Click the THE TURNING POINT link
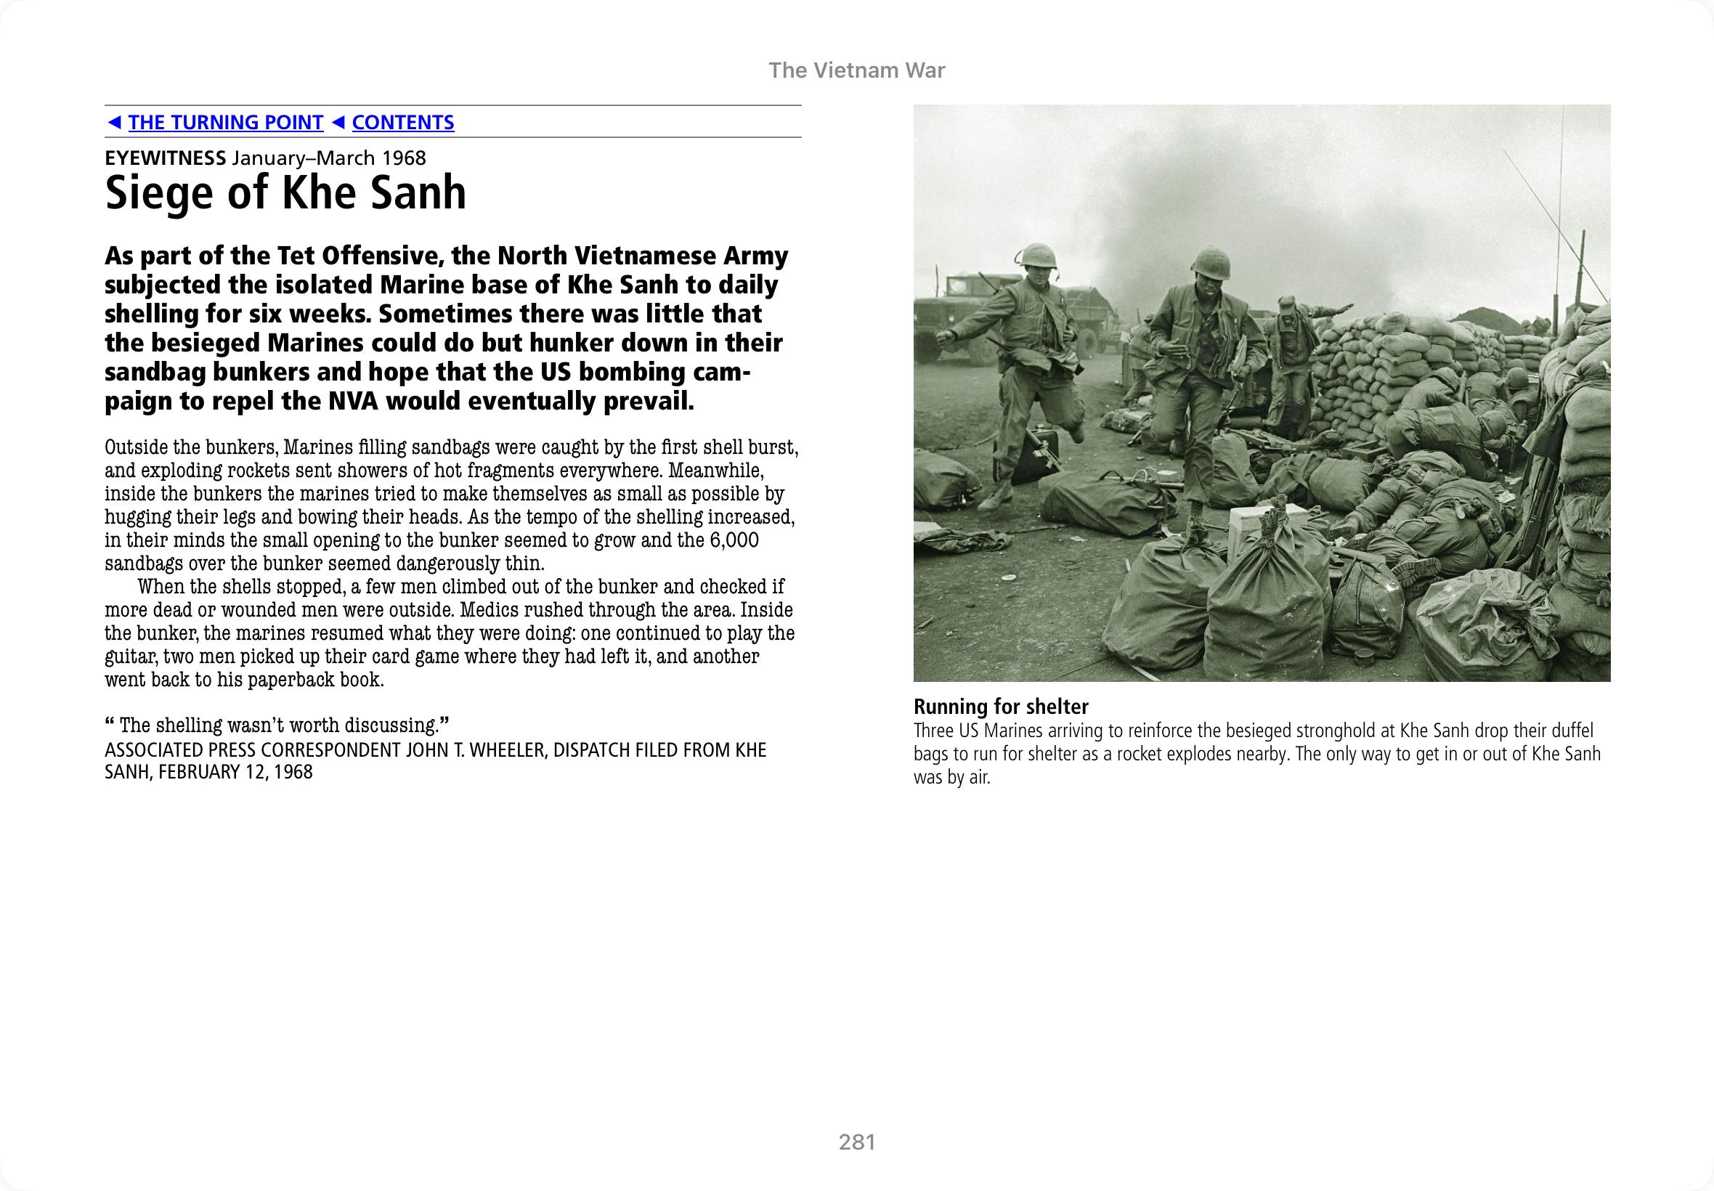click(225, 123)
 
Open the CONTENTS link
click(402, 123)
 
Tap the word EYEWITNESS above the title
click(165, 158)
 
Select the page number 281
click(856, 1142)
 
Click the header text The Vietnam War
click(856, 70)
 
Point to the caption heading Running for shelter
click(1001, 707)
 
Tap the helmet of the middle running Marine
click(1209, 263)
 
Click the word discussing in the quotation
click(392, 725)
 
